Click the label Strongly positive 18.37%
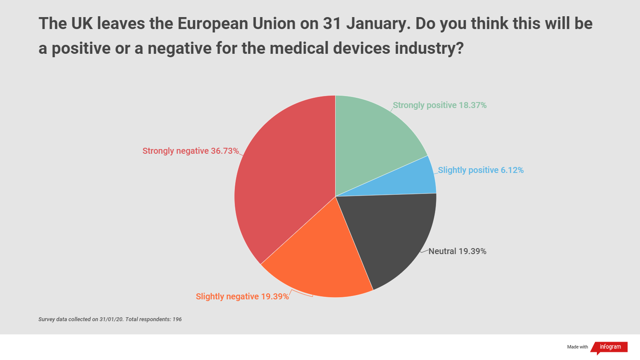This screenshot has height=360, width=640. click(x=439, y=105)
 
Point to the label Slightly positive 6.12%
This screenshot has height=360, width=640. click(x=481, y=170)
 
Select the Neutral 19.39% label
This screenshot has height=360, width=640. click(x=457, y=251)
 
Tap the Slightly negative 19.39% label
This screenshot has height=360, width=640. click(x=242, y=296)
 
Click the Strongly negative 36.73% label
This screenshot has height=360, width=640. click(x=190, y=151)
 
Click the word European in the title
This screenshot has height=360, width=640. click(x=213, y=24)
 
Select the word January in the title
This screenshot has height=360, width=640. click(x=378, y=24)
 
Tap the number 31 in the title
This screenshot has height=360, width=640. click(x=332, y=24)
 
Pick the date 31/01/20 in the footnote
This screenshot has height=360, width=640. click(x=111, y=319)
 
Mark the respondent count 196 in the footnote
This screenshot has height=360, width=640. click(x=177, y=319)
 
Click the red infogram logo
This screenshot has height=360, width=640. click(x=610, y=347)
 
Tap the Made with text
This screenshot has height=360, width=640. click(x=577, y=347)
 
